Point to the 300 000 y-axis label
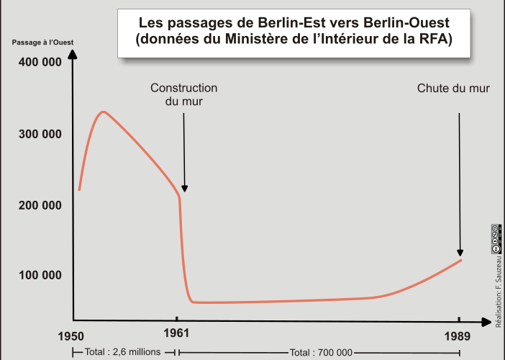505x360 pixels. tap(37, 135)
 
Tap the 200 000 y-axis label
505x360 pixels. tap(37, 205)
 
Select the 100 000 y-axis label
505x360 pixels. tap(37, 275)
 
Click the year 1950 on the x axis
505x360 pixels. tap(72, 336)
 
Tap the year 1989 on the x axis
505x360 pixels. tap(458, 336)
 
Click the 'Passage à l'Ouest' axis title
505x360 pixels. tap(42, 42)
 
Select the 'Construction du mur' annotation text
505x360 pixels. tap(183, 95)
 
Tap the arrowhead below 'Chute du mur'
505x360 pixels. tap(460, 252)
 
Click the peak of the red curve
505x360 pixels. tap(103, 112)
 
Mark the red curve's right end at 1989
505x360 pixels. tap(461, 259)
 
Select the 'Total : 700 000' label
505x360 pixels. tap(321, 352)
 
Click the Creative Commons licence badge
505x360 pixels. tap(496, 238)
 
